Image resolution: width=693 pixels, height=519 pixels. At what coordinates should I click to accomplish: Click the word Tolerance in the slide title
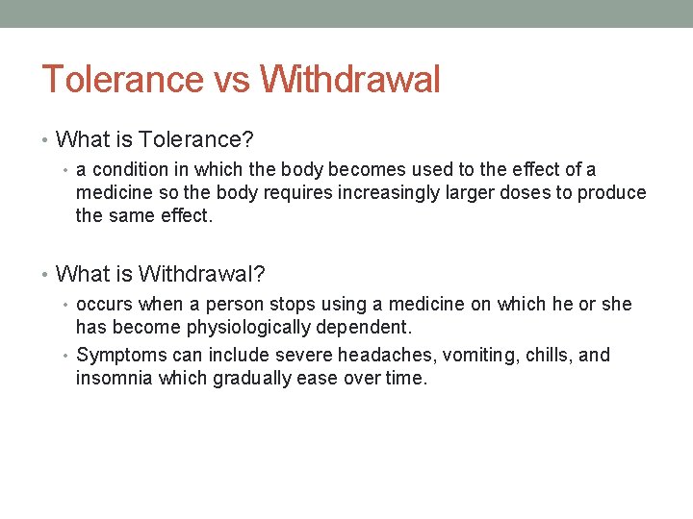122,79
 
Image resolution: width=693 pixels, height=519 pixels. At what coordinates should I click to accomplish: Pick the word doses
521,193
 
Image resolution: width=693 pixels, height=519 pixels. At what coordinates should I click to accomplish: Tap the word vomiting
481,356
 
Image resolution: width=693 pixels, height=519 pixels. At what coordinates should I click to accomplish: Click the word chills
549,356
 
